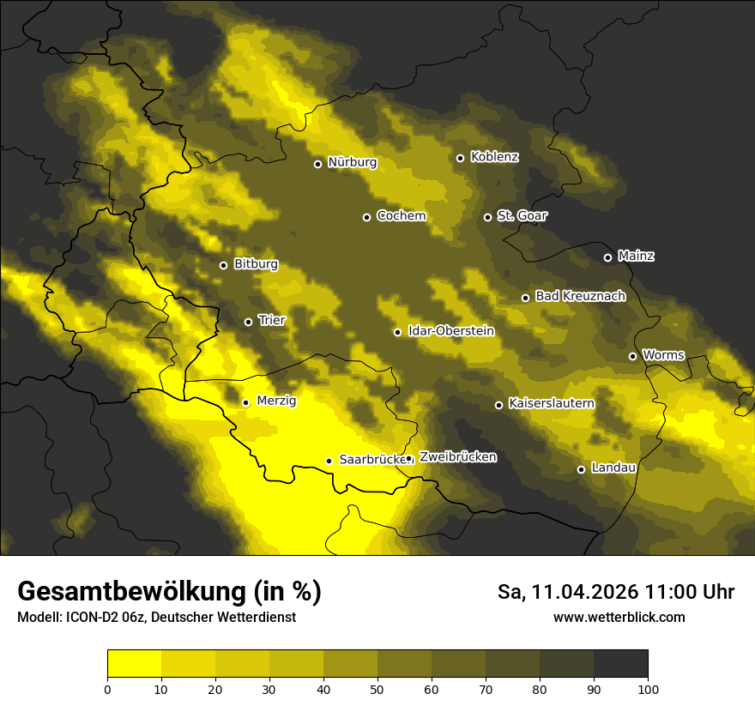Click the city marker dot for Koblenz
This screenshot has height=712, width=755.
(x=461, y=158)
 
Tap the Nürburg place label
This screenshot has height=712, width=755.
(x=352, y=162)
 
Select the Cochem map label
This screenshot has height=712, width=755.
(x=401, y=216)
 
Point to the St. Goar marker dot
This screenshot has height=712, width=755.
(x=487, y=217)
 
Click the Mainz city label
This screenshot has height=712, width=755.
(x=636, y=256)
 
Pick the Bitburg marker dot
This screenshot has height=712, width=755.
(x=224, y=265)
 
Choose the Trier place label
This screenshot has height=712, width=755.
(x=272, y=321)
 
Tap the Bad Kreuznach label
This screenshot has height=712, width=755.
(x=580, y=296)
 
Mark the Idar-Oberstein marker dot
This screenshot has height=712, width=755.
(x=398, y=332)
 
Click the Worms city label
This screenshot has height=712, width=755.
(x=663, y=355)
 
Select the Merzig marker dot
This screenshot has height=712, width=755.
(x=245, y=402)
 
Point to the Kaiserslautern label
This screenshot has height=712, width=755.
(x=551, y=403)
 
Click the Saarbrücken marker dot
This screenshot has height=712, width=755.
(x=329, y=461)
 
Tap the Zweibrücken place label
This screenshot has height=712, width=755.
(x=457, y=457)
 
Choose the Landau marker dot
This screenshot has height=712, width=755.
(x=582, y=469)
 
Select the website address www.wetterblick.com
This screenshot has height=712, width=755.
(x=619, y=618)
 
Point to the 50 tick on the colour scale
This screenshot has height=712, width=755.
(x=377, y=689)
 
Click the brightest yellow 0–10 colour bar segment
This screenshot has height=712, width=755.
(x=134, y=664)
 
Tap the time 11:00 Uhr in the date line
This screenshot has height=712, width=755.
(x=690, y=592)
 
